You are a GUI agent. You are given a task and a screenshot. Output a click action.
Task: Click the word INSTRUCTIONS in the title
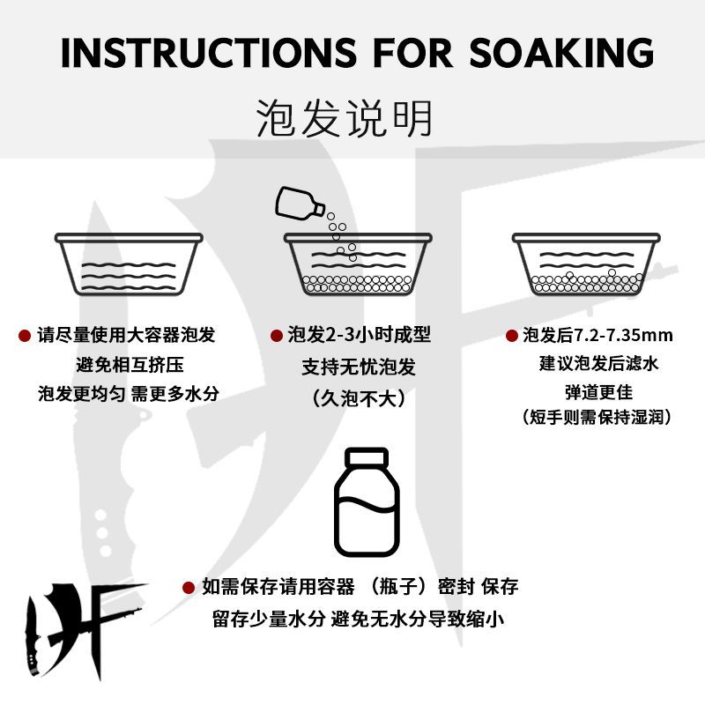209,53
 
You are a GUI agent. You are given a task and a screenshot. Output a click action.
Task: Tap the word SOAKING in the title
561,53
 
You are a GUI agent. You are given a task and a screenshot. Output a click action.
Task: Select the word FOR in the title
412,53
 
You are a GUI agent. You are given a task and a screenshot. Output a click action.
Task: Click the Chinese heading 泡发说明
345,118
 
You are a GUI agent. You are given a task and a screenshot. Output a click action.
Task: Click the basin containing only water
129,263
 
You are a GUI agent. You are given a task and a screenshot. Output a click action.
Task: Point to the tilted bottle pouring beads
299,204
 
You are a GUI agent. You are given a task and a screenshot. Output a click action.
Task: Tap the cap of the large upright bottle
367,457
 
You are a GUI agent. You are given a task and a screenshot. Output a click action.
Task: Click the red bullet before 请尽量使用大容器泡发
25,336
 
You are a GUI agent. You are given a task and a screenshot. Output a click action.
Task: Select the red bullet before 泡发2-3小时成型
277,336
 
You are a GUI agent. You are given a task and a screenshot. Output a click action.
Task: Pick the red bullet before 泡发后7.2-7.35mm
512,336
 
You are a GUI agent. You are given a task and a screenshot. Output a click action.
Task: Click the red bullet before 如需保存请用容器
189,587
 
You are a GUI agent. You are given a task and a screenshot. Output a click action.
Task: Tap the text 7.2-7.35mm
624,336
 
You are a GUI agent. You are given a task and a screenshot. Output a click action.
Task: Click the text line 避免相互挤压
130,365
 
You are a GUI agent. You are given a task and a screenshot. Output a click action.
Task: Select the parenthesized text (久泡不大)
359,398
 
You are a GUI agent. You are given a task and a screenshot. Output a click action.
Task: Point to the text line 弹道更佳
599,392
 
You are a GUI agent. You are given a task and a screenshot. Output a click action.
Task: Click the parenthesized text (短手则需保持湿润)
597,417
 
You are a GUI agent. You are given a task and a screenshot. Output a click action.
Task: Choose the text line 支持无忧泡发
359,367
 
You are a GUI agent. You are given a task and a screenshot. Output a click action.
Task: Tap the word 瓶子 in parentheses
397,587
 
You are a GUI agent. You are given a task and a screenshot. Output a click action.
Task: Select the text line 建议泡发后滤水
599,364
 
